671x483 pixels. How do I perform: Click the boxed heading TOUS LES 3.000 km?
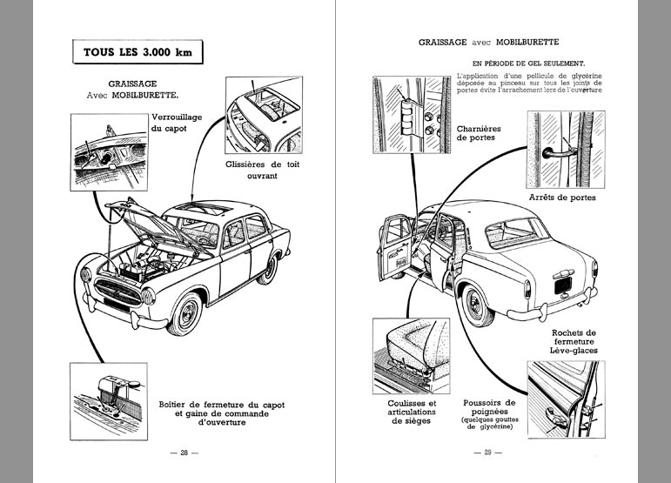tap(138, 51)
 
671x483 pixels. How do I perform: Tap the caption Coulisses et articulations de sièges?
tap(412, 413)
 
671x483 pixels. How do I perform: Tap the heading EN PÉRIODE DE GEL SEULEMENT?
tap(527, 64)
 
